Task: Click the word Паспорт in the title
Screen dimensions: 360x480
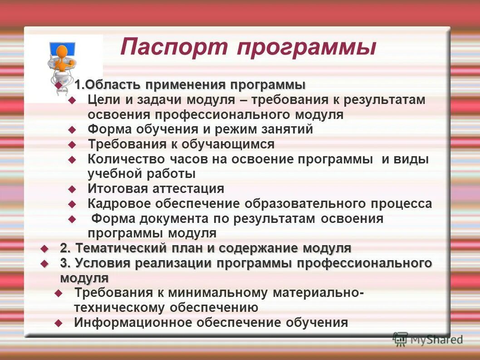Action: [x=174, y=47]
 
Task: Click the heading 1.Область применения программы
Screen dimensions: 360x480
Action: [x=190, y=85]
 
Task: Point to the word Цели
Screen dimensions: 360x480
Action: [x=102, y=100]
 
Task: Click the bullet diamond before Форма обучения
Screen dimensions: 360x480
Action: [x=72, y=130]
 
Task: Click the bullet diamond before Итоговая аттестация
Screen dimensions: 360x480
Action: [x=72, y=189]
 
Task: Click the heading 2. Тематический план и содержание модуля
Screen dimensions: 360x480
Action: [x=206, y=248]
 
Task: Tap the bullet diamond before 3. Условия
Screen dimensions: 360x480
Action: [x=44, y=263]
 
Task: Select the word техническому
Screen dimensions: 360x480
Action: [x=120, y=308]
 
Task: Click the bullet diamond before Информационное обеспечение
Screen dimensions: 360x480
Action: [x=58, y=323]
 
